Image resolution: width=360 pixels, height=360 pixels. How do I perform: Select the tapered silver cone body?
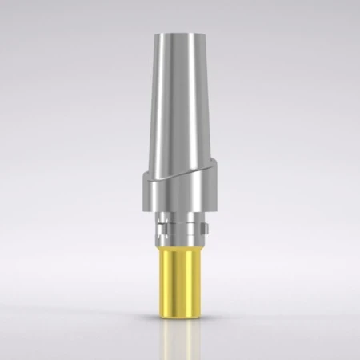tap(180, 96)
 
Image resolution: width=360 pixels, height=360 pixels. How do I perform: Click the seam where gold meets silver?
tap(180, 247)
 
